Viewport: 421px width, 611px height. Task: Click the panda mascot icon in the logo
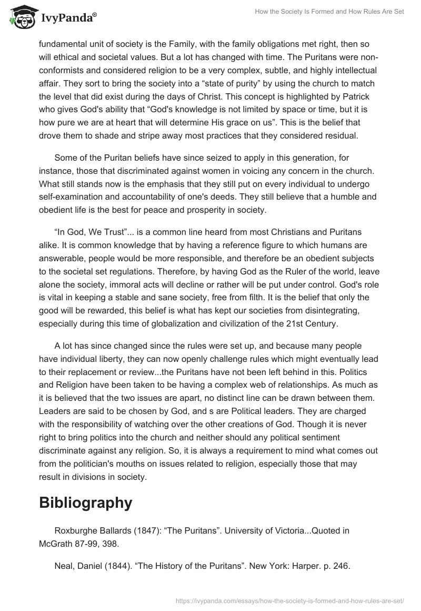tap(21, 17)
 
